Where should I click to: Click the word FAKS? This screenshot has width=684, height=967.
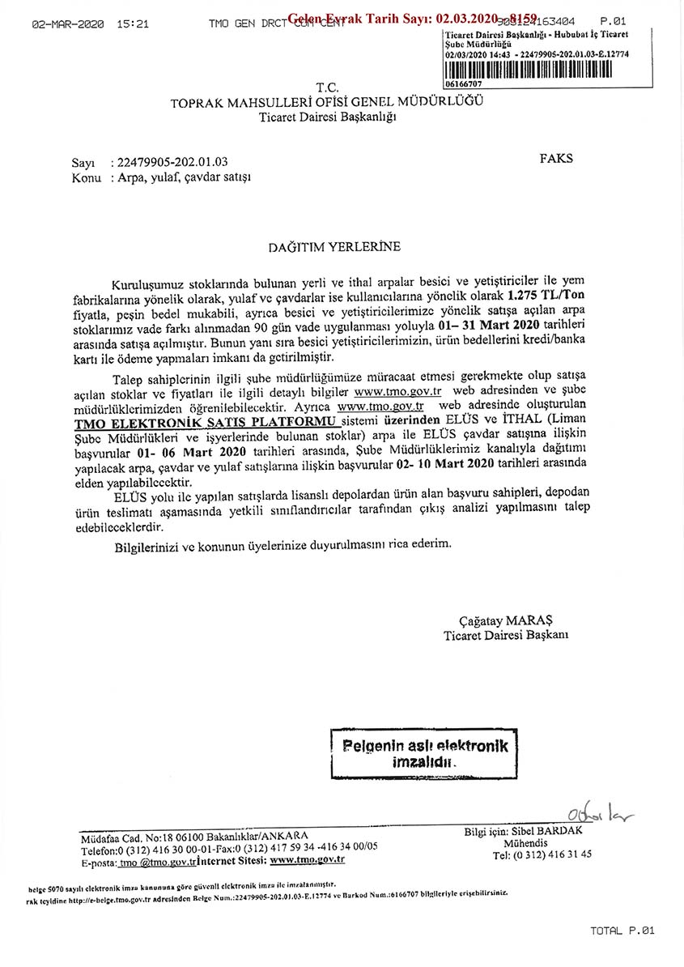(555, 159)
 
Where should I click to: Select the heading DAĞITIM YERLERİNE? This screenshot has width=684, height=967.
(334, 246)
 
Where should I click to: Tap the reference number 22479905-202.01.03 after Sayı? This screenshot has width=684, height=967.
(172, 162)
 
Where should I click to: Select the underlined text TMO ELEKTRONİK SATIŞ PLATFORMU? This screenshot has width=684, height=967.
(206, 422)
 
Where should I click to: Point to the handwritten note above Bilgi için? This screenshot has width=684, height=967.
(600, 812)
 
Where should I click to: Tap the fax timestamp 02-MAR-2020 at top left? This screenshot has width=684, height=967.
(68, 24)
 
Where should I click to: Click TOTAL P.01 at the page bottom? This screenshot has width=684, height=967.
(622, 931)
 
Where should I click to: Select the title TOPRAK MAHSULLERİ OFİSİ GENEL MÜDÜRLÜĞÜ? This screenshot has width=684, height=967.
(327, 103)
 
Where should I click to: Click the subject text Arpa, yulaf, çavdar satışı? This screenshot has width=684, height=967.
(185, 177)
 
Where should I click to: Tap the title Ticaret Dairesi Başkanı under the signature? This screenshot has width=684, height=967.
(506, 635)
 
